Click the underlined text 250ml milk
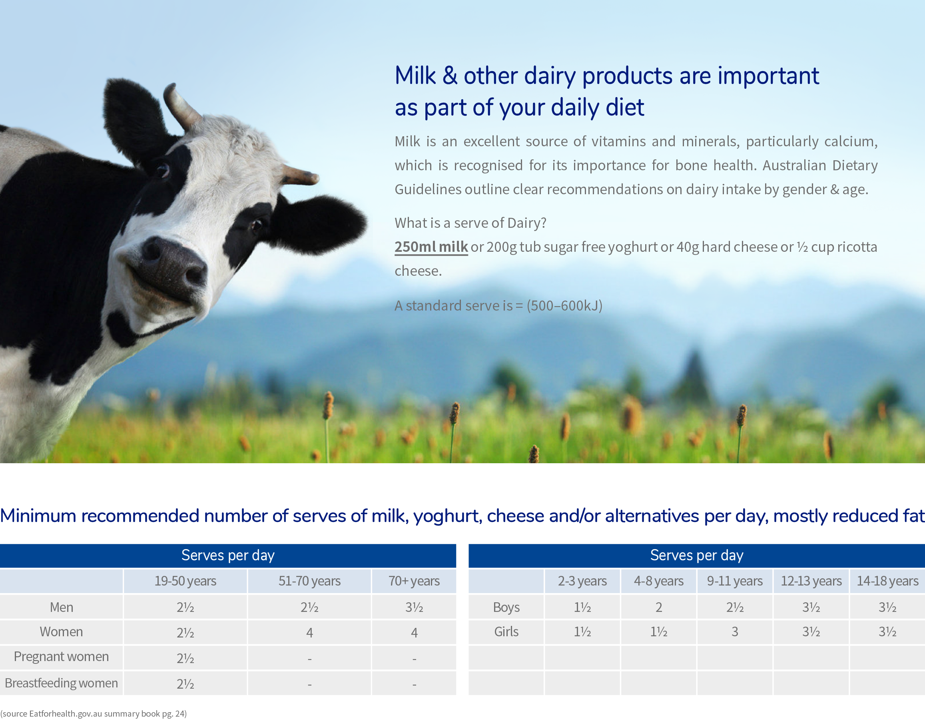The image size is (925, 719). (x=431, y=247)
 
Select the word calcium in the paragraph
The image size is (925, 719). (x=851, y=141)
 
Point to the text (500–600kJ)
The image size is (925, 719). (x=564, y=305)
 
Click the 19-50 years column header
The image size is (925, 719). (x=185, y=581)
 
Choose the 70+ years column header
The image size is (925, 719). (x=414, y=581)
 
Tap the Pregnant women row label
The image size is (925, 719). (x=62, y=656)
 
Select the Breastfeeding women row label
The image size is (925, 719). (x=62, y=683)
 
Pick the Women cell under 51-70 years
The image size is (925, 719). (x=310, y=633)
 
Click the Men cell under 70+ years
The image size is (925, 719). (x=414, y=607)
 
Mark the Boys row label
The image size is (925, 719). (x=506, y=607)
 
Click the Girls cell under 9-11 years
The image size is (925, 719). (x=735, y=632)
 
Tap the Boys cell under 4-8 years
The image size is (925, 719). (x=659, y=607)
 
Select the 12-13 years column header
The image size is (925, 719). (x=811, y=581)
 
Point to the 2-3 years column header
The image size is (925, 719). (x=582, y=581)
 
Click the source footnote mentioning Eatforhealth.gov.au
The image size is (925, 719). (x=94, y=713)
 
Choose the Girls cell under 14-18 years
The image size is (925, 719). (x=887, y=632)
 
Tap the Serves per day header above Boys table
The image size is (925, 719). (x=697, y=555)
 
